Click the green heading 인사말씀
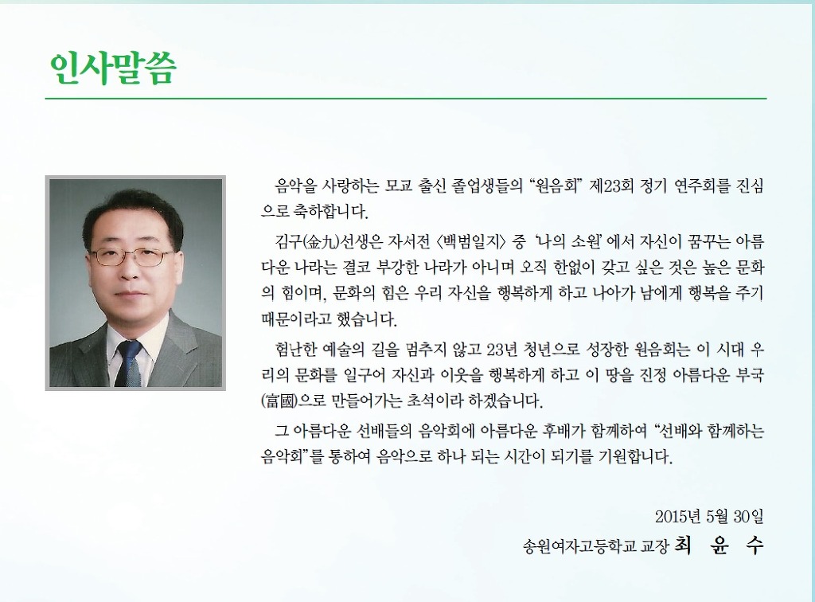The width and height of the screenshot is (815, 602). click(x=112, y=68)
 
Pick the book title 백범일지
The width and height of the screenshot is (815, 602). click(x=470, y=242)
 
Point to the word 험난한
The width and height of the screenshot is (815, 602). click(x=296, y=350)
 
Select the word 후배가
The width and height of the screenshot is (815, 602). click(x=564, y=431)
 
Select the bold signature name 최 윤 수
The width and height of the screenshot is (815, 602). click(x=719, y=545)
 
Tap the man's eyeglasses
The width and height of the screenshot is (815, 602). click(x=133, y=256)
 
